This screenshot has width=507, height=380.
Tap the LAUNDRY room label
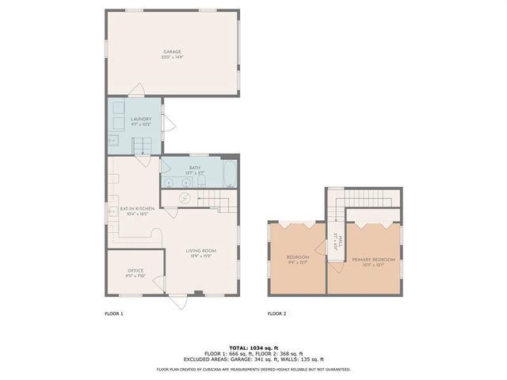pyautogui.click(x=141, y=119)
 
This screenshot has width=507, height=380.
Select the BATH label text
pyautogui.click(x=194, y=168)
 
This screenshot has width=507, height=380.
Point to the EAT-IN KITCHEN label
pyautogui.click(x=137, y=209)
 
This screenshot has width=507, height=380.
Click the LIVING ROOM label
pyautogui.click(x=202, y=251)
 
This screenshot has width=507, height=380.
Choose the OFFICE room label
pyautogui.click(x=135, y=271)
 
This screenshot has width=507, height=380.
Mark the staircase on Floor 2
pyautogui.click(x=341, y=207)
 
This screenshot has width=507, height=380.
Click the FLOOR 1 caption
pyautogui.click(x=114, y=314)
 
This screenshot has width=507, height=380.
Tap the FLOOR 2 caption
pyautogui.click(x=276, y=314)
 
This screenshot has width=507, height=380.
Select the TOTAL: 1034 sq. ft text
pyautogui.click(x=253, y=348)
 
